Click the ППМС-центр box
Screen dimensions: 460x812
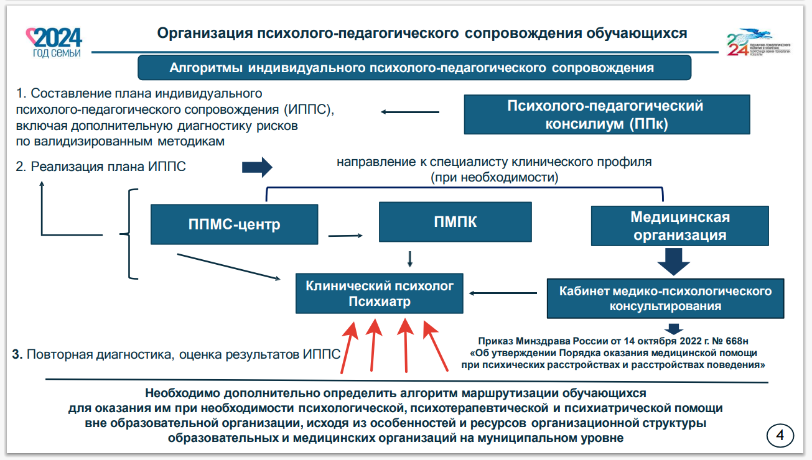(234, 224)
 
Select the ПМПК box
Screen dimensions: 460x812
(455, 221)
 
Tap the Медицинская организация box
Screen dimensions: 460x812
(679, 226)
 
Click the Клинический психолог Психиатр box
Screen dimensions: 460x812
(380, 293)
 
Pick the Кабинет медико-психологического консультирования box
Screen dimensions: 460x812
(665, 298)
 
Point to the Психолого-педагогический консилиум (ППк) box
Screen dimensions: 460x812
(605, 114)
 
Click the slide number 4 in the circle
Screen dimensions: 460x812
(780, 435)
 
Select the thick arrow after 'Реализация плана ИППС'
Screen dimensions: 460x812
(257, 167)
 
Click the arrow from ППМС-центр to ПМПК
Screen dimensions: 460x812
(345, 236)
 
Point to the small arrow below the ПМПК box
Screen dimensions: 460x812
(409, 258)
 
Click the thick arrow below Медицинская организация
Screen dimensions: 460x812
(673, 261)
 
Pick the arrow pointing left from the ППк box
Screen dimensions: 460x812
(410, 112)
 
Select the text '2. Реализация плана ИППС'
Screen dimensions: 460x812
(100, 167)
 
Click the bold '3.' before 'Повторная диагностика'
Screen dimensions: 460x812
(17, 354)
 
